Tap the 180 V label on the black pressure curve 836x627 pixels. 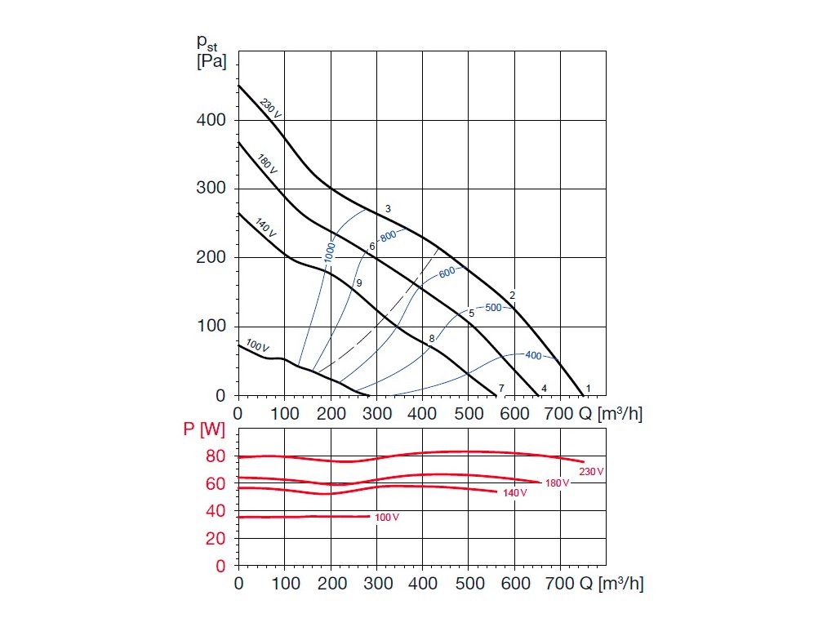[267, 164]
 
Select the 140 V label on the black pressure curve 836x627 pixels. [266, 228]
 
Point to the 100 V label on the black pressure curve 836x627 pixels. [257, 347]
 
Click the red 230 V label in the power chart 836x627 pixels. [591, 471]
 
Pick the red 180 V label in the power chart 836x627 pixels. [557, 483]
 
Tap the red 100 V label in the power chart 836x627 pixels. [387, 518]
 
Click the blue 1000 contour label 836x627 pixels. [330, 251]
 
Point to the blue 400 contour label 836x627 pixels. [533, 355]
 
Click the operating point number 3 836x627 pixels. [388, 209]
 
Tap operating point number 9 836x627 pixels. [358, 282]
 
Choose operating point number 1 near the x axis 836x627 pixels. [588, 388]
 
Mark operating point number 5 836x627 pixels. [471, 313]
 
